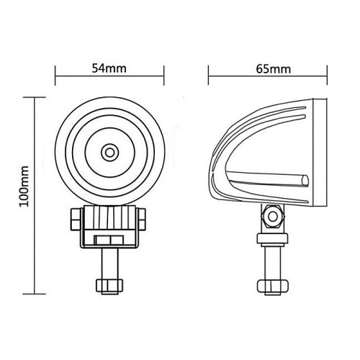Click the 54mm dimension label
109,69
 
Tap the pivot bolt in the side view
273,215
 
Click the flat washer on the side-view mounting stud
273,240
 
